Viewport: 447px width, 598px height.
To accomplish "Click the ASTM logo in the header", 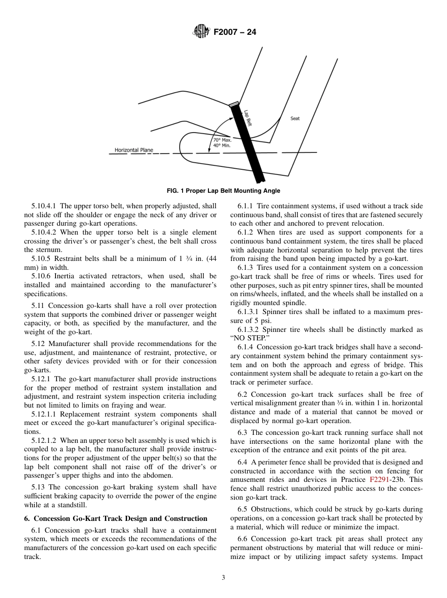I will pos(201,32).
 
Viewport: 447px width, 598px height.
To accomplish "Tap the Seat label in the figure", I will pos(295,118).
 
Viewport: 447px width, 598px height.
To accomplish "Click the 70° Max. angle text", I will pos(222,140).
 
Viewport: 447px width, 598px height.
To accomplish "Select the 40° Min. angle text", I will pos(222,145).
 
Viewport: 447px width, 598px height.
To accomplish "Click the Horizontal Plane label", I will pos(134,150).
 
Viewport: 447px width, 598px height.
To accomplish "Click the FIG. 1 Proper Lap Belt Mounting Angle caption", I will pos(223,190).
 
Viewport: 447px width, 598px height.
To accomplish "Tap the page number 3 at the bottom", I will pos(223,578).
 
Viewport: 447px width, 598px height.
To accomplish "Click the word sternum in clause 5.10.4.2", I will pos(35,250).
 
